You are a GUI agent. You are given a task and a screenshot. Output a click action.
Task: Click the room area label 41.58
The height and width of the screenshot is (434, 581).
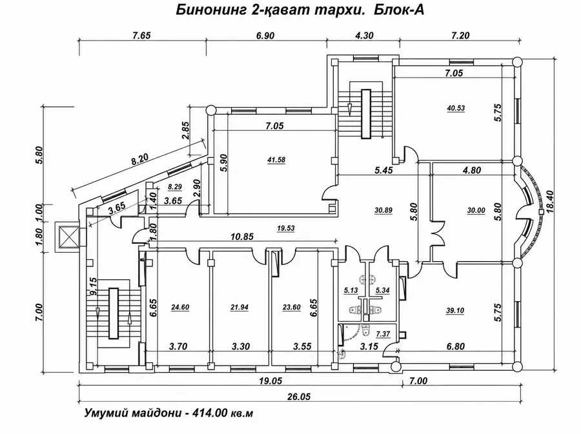[276, 160]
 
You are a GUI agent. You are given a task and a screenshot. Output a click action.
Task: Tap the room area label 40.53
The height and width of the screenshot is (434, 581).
[456, 108]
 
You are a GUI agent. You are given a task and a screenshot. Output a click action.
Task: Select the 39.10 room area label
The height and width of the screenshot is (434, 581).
[455, 311]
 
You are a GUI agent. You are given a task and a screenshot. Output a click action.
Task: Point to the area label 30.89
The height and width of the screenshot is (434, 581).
[383, 210]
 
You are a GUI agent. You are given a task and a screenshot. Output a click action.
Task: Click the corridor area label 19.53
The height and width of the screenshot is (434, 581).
[286, 228]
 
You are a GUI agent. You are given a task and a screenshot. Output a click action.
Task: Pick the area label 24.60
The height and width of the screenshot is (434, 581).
[180, 307]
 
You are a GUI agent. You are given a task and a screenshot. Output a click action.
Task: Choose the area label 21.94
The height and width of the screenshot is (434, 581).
[239, 307]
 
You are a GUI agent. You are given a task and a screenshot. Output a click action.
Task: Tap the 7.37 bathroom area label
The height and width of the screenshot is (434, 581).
[383, 334]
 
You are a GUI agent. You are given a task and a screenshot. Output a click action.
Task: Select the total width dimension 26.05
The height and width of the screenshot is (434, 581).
[299, 397]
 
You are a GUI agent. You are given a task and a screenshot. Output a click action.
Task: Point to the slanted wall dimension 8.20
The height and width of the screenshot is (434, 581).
[140, 159]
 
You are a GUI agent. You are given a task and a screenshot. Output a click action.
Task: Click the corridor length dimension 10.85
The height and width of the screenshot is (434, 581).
[241, 236]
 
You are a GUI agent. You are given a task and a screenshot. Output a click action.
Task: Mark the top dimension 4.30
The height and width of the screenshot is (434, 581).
[364, 35]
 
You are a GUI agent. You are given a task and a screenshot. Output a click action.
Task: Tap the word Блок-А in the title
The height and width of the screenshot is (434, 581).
[399, 10]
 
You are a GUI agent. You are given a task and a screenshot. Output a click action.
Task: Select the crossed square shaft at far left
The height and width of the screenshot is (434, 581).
[66, 237]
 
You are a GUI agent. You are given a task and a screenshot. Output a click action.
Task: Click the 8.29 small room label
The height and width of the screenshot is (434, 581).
[175, 187]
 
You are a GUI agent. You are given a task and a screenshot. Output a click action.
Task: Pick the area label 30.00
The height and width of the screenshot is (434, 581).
[476, 210]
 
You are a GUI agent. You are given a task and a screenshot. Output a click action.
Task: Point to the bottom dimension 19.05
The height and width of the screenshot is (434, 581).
[271, 380]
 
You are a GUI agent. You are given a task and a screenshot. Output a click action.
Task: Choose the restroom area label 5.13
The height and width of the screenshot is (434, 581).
[351, 290]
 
